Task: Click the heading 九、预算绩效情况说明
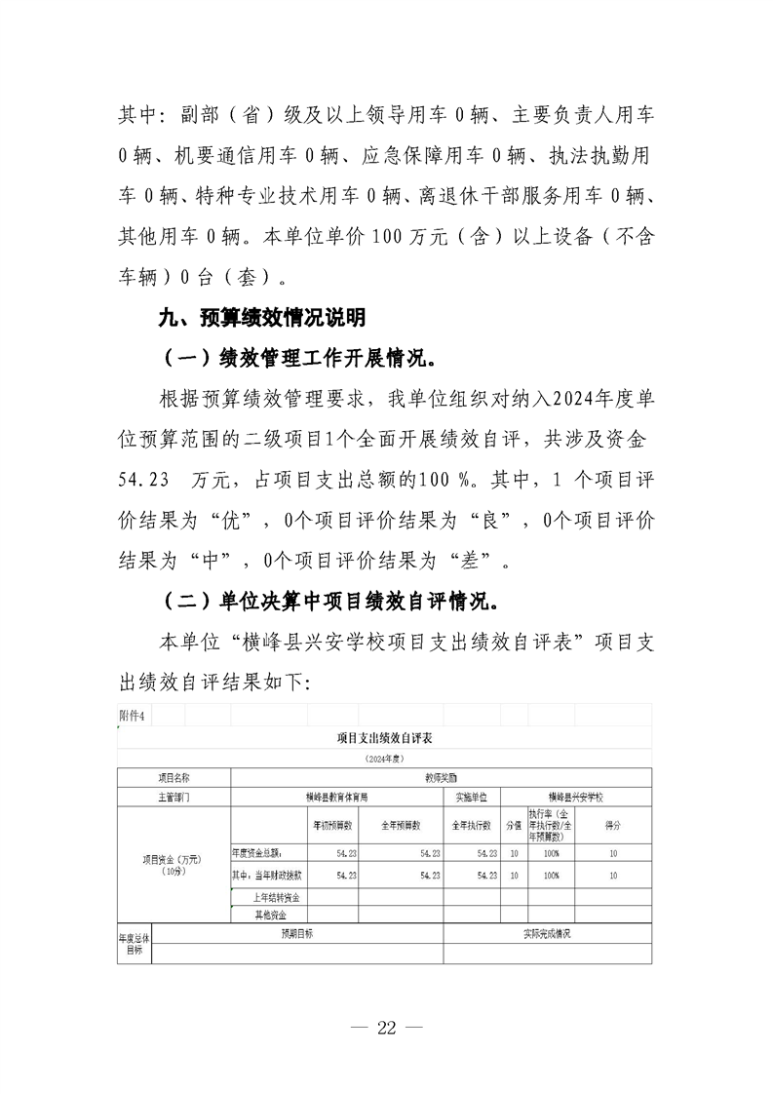(262, 317)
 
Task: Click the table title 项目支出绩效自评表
(384, 739)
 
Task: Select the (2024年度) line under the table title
(384, 758)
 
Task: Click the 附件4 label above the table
(133, 716)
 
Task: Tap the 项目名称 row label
(174, 778)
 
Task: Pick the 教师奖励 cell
(441, 778)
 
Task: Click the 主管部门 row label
(174, 797)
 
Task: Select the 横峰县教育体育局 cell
(336, 797)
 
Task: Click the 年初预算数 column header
(332, 825)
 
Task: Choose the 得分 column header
(613, 825)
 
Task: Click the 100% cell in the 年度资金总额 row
(552, 852)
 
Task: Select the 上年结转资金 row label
(277, 896)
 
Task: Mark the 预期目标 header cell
(297, 933)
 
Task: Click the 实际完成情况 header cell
(547, 933)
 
